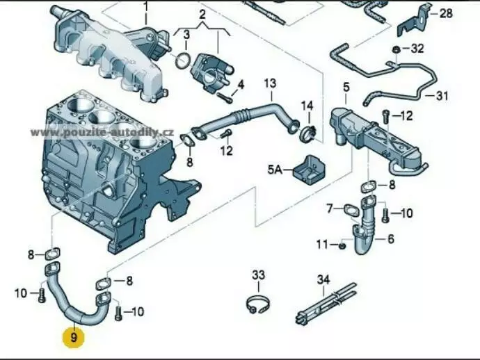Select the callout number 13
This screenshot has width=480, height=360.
[x=270, y=85]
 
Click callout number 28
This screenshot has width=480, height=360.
[x=446, y=13]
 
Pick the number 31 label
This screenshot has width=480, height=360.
[x=443, y=96]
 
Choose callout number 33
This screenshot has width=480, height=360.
[x=258, y=276]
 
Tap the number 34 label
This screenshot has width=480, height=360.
[x=323, y=279]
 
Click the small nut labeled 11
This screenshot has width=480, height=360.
[x=343, y=245]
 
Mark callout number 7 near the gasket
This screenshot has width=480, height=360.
[x=330, y=207]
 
